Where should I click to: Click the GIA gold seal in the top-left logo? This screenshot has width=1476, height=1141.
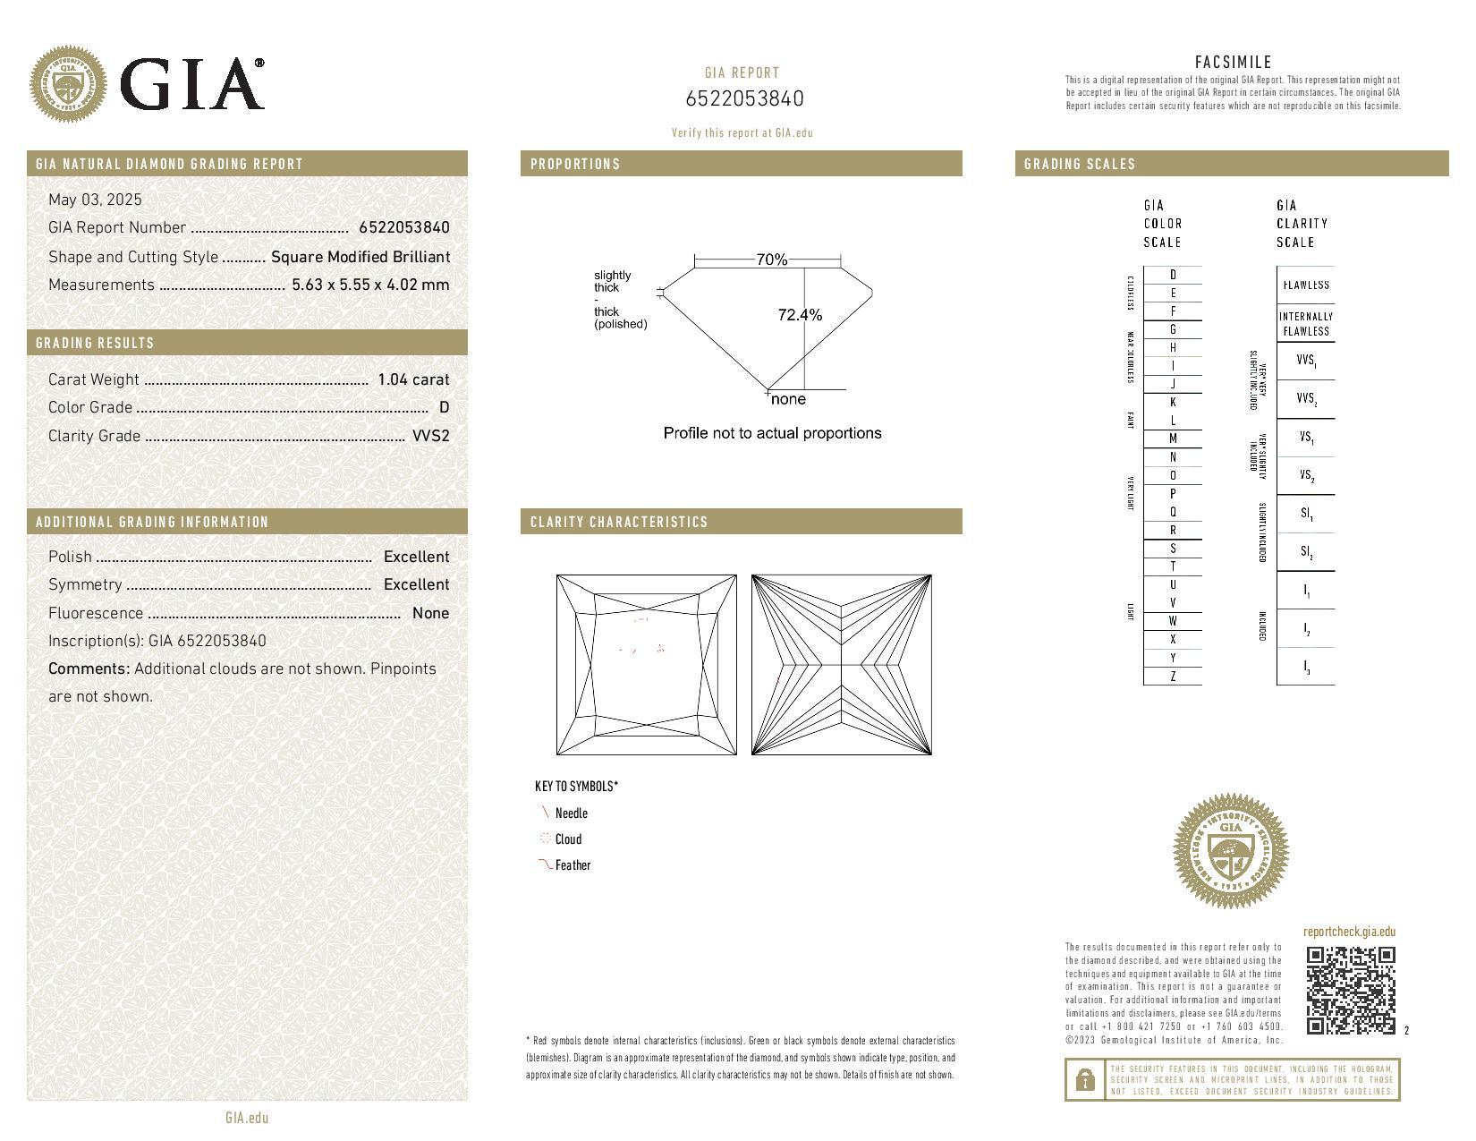point(68,85)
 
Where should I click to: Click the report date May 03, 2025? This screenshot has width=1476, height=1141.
point(95,200)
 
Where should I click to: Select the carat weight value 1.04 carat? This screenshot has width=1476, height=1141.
point(413,379)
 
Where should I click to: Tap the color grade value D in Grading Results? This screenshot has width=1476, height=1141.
point(445,407)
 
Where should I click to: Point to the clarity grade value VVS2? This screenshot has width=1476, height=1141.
point(430,436)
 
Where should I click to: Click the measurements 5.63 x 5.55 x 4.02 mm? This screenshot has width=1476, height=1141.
point(370,285)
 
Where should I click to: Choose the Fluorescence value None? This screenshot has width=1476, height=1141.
point(430,613)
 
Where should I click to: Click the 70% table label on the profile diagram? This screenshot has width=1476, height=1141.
point(771,260)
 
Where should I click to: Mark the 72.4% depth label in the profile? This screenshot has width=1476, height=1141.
point(800,315)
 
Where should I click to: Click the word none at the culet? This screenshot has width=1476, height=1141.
point(788,399)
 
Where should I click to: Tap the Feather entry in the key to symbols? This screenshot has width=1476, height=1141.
point(573,865)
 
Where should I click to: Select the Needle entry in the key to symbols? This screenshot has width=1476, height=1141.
point(571,813)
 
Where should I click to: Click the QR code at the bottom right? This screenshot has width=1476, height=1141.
point(1350,990)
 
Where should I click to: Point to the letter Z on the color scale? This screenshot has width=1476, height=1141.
point(1173,677)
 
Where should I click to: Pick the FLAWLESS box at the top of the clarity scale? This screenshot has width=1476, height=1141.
point(1306,285)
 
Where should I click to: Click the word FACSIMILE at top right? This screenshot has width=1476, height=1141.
point(1233,62)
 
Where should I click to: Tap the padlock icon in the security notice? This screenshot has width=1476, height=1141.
point(1085,1080)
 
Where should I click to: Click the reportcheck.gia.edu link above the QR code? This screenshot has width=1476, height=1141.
point(1349,932)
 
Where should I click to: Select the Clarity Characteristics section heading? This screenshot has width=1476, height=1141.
point(618,522)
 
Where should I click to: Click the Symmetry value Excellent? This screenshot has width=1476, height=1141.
point(416,584)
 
